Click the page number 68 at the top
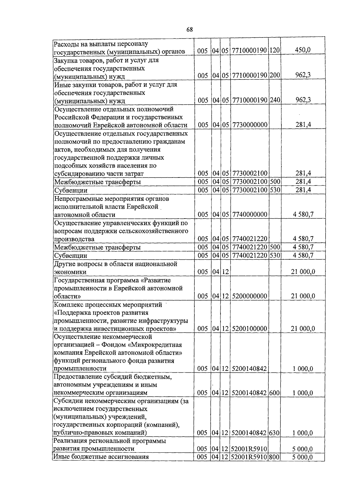click(x=189, y=29)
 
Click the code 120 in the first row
click(x=274, y=51)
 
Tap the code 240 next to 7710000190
click(x=274, y=100)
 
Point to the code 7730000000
click(x=250, y=125)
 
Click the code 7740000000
click(x=250, y=214)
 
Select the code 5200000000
click(x=250, y=296)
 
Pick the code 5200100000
click(x=250, y=329)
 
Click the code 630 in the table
click(x=274, y=433)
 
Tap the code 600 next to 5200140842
click(x=274, y=393)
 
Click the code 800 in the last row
click(x=274, y=457)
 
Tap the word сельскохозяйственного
click(x=156, y=231)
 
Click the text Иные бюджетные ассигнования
click(x=101, y=457)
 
